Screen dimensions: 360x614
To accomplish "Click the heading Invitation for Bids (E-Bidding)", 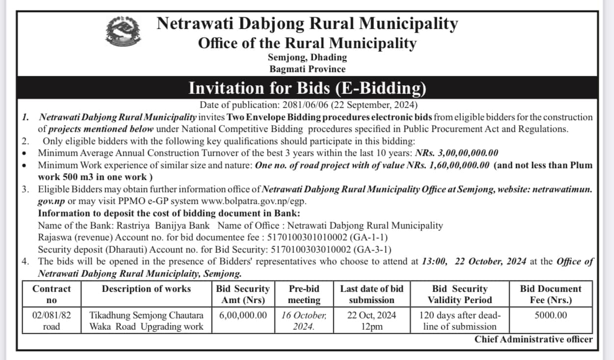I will pos(307,88).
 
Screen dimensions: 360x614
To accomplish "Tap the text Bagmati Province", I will pos(307,69).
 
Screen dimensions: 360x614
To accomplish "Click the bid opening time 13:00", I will pos(434,261).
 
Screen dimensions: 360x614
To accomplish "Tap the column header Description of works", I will pos(146,289).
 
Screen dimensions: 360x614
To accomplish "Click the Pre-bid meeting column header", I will pos(304,294).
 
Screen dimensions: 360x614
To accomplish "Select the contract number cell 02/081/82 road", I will pos(52,321).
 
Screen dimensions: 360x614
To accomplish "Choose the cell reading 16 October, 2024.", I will pos(304,321).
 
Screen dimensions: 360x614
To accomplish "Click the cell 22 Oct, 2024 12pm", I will pos(372,321).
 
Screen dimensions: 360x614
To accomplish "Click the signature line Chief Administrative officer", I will pos(534,339).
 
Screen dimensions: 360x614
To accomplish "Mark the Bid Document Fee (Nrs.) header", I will pos(550,294).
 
